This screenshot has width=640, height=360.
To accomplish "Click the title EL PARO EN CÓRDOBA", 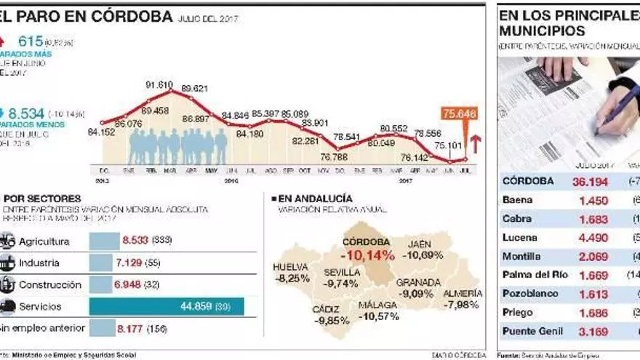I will click(87, 17).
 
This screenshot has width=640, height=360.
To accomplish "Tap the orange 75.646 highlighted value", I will click(457, 113).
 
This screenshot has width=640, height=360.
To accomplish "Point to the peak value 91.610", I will click(159, 84).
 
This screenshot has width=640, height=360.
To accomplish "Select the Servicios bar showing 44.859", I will click(167, 306).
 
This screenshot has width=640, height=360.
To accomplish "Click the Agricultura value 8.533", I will click(135, 241).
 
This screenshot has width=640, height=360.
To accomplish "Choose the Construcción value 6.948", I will click(131, 284).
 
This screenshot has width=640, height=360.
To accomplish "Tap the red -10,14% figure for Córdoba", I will click(367, 255).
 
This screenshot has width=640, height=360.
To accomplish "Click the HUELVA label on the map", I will click(290, 266).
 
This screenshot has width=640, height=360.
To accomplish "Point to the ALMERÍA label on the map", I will click(462, 293).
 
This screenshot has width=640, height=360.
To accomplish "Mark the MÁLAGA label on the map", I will click(378, 305).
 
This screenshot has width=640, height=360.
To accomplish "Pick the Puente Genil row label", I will click(532, 332).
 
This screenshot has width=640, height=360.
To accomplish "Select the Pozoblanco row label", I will click(530, 294).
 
